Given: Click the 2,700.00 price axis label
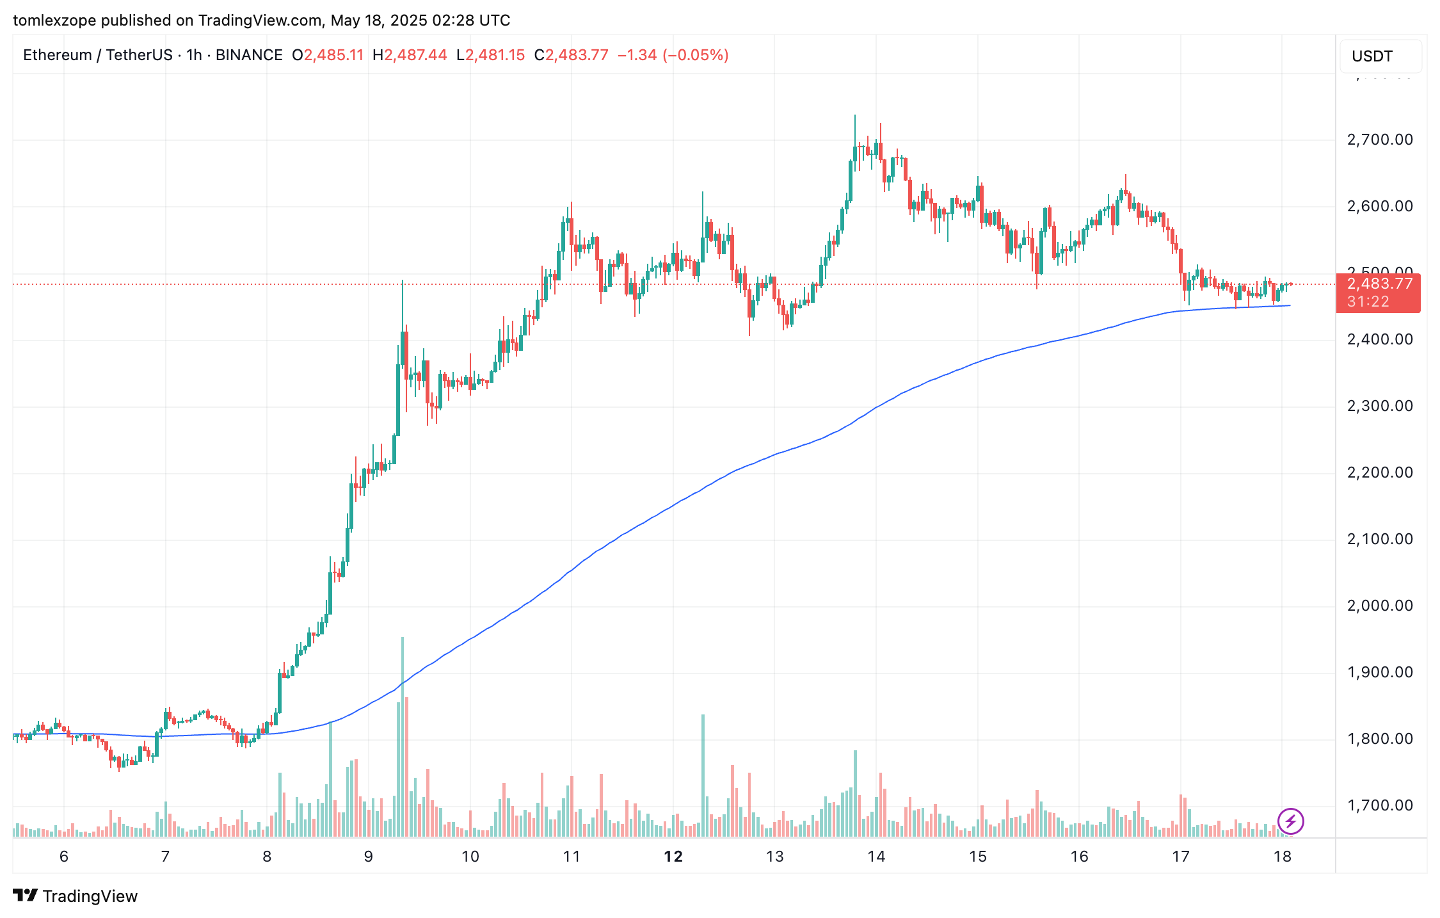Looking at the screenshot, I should (x=1379, y=140).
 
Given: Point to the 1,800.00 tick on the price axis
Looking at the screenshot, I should (x=1379, y=739).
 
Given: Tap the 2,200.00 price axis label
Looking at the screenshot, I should (x=1379, y=472).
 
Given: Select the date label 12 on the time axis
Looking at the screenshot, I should (x=673, y=857).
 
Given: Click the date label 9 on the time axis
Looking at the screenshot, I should (x=369, y=857).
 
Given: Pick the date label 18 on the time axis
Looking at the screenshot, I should (x=1282, y=857).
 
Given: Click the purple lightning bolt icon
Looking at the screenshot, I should (x=1290, y=821).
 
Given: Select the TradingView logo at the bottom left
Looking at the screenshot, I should (x=76, y=896).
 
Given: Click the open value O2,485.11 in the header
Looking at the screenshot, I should (x=328, y=55).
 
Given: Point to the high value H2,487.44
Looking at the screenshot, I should (x=410, y=55).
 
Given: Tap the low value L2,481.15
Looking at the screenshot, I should (x=490, y=55).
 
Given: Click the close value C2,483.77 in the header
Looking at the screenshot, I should (x=571, y=55).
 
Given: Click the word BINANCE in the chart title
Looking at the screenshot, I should (x=249, y=55).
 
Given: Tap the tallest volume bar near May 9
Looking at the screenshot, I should (x=403, y=736).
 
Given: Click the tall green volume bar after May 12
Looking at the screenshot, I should (x=703, y=775).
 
